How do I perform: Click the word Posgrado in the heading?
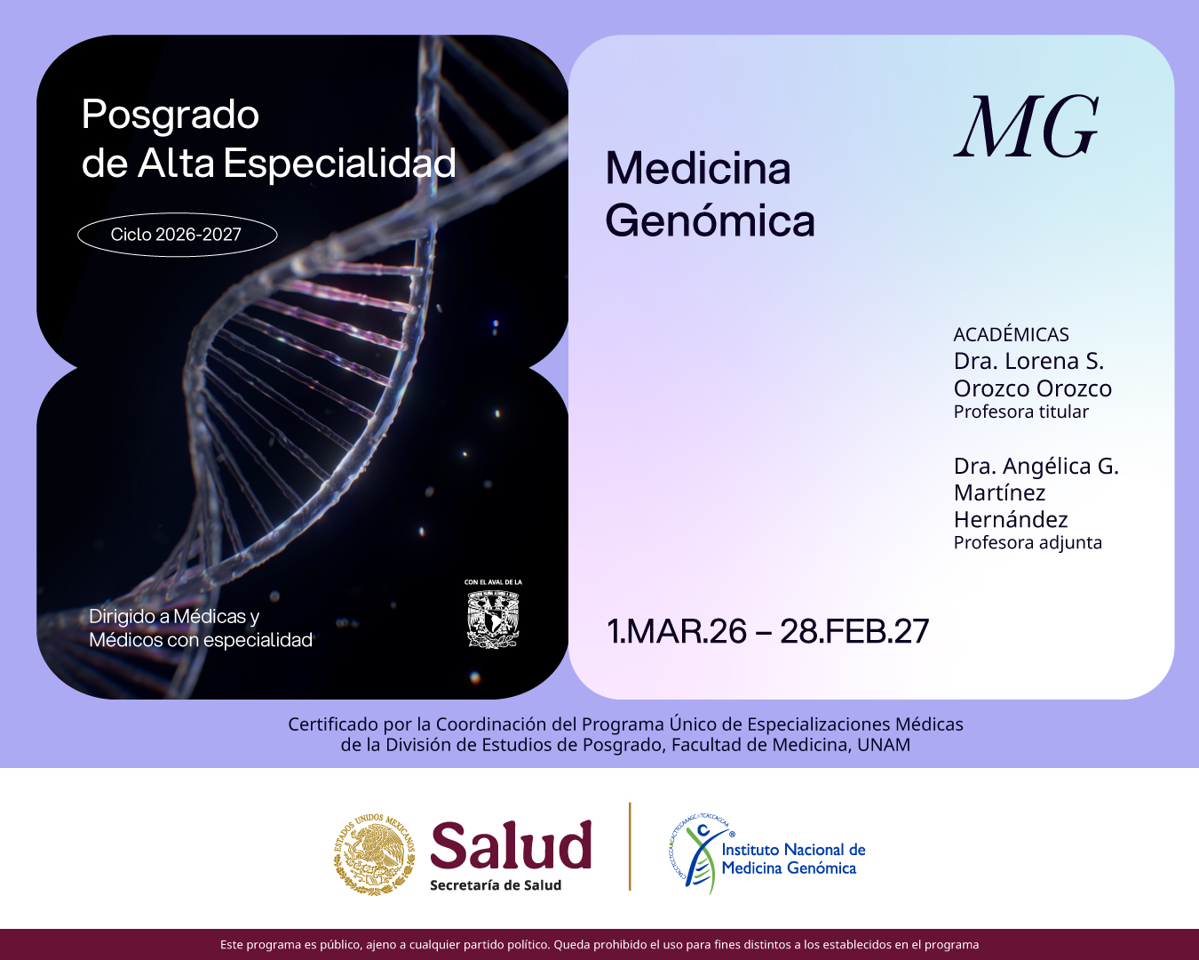pos(171,116)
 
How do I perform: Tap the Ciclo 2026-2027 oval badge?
pos(177,235)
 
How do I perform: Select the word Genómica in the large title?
pos(710,221)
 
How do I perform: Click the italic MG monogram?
pos(1027,128)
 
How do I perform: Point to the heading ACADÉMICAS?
pos(1011,334)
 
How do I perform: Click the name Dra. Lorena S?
pos(1028,361)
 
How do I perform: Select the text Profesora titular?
pos(1020,412)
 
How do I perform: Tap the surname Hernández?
pos(1011,519)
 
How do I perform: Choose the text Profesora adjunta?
pos(1028,542)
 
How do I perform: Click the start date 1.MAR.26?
pos(677,631)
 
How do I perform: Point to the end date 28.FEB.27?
pos(854,631)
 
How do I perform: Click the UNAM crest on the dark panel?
pos(493,619)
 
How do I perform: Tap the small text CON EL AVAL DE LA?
pos(493,582)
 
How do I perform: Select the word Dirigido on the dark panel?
pos(123,616)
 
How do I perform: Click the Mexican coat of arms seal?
pos(375,853)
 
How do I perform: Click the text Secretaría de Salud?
pos(496,885)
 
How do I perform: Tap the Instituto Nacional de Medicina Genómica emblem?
pos(700,853)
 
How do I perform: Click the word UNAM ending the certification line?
pos(884,745)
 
